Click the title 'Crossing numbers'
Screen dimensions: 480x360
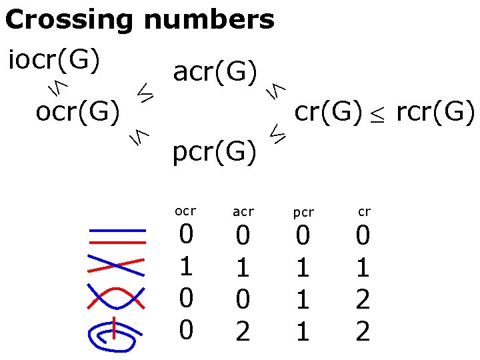pyautogui.click(x=139, y=20)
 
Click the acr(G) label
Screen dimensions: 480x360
pyautogui.click(x=215, y=71)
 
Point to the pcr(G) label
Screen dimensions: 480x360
pyautogui.click(x=215, y=153)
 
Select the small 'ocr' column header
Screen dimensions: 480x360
pyautogui.click(x=185, y=211)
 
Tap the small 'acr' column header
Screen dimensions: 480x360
pyautogui.click(x=243, y=212)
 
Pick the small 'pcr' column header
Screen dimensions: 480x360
pyautogui.click(x=303, y=213)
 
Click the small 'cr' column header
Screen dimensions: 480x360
pyautogui.click(x=364, y=212)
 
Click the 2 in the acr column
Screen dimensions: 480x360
pyautogui.click(x=243, y=330)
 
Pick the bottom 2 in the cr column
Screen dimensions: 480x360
pyautogui.click(x=363, y=330)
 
